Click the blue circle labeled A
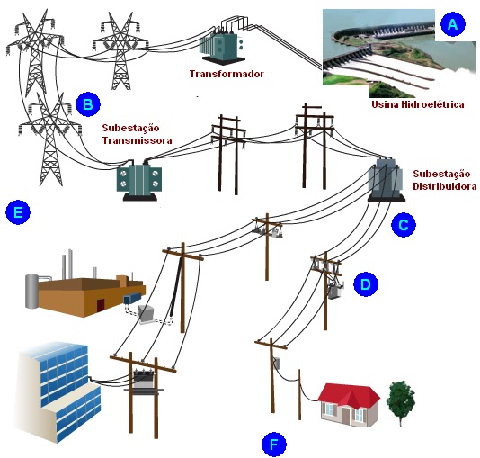click(x=453, y=24)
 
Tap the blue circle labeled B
click(x=88, y=104)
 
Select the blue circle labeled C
click(x=404, y=225)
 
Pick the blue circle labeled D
click(x=366, y=284)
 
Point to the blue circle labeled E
click(x=18, y=212)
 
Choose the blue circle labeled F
click(x=274, y=444)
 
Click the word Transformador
click(x=227, y=74)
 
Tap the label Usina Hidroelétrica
click(x=418, y=104)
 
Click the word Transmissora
click(x=137, y=140)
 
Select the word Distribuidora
click(x=444, y=186)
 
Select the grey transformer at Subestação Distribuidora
click(x=386, y=179)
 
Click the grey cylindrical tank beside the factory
click(x=31, y=291)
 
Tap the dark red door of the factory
click(x=101, y=306)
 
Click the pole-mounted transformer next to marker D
click(x=335, y=290)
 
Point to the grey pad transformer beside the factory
click(x=146, y=314)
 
